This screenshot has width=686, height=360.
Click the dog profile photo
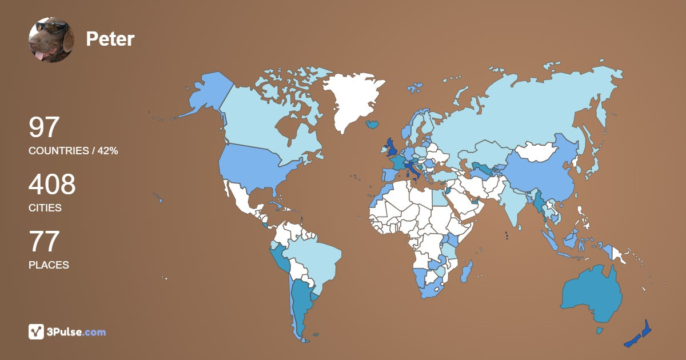coord(51,40)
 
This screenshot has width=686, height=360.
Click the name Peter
coord(110,39)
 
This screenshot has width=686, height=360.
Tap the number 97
coord(44,127)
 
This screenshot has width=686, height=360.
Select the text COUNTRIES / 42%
coord(73,151)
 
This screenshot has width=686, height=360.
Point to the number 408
coord(52,185)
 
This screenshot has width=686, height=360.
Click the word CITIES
coord(45,208)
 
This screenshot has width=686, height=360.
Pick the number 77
coord(44,242)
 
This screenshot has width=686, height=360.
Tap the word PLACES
coord(49,265)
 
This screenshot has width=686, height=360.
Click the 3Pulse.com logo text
coord(77,331)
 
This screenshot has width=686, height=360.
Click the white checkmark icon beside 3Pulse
coord(36,331)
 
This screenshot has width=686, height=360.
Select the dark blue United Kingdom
coord(392,147)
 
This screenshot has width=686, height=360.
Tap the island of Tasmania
coord(600,330)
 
